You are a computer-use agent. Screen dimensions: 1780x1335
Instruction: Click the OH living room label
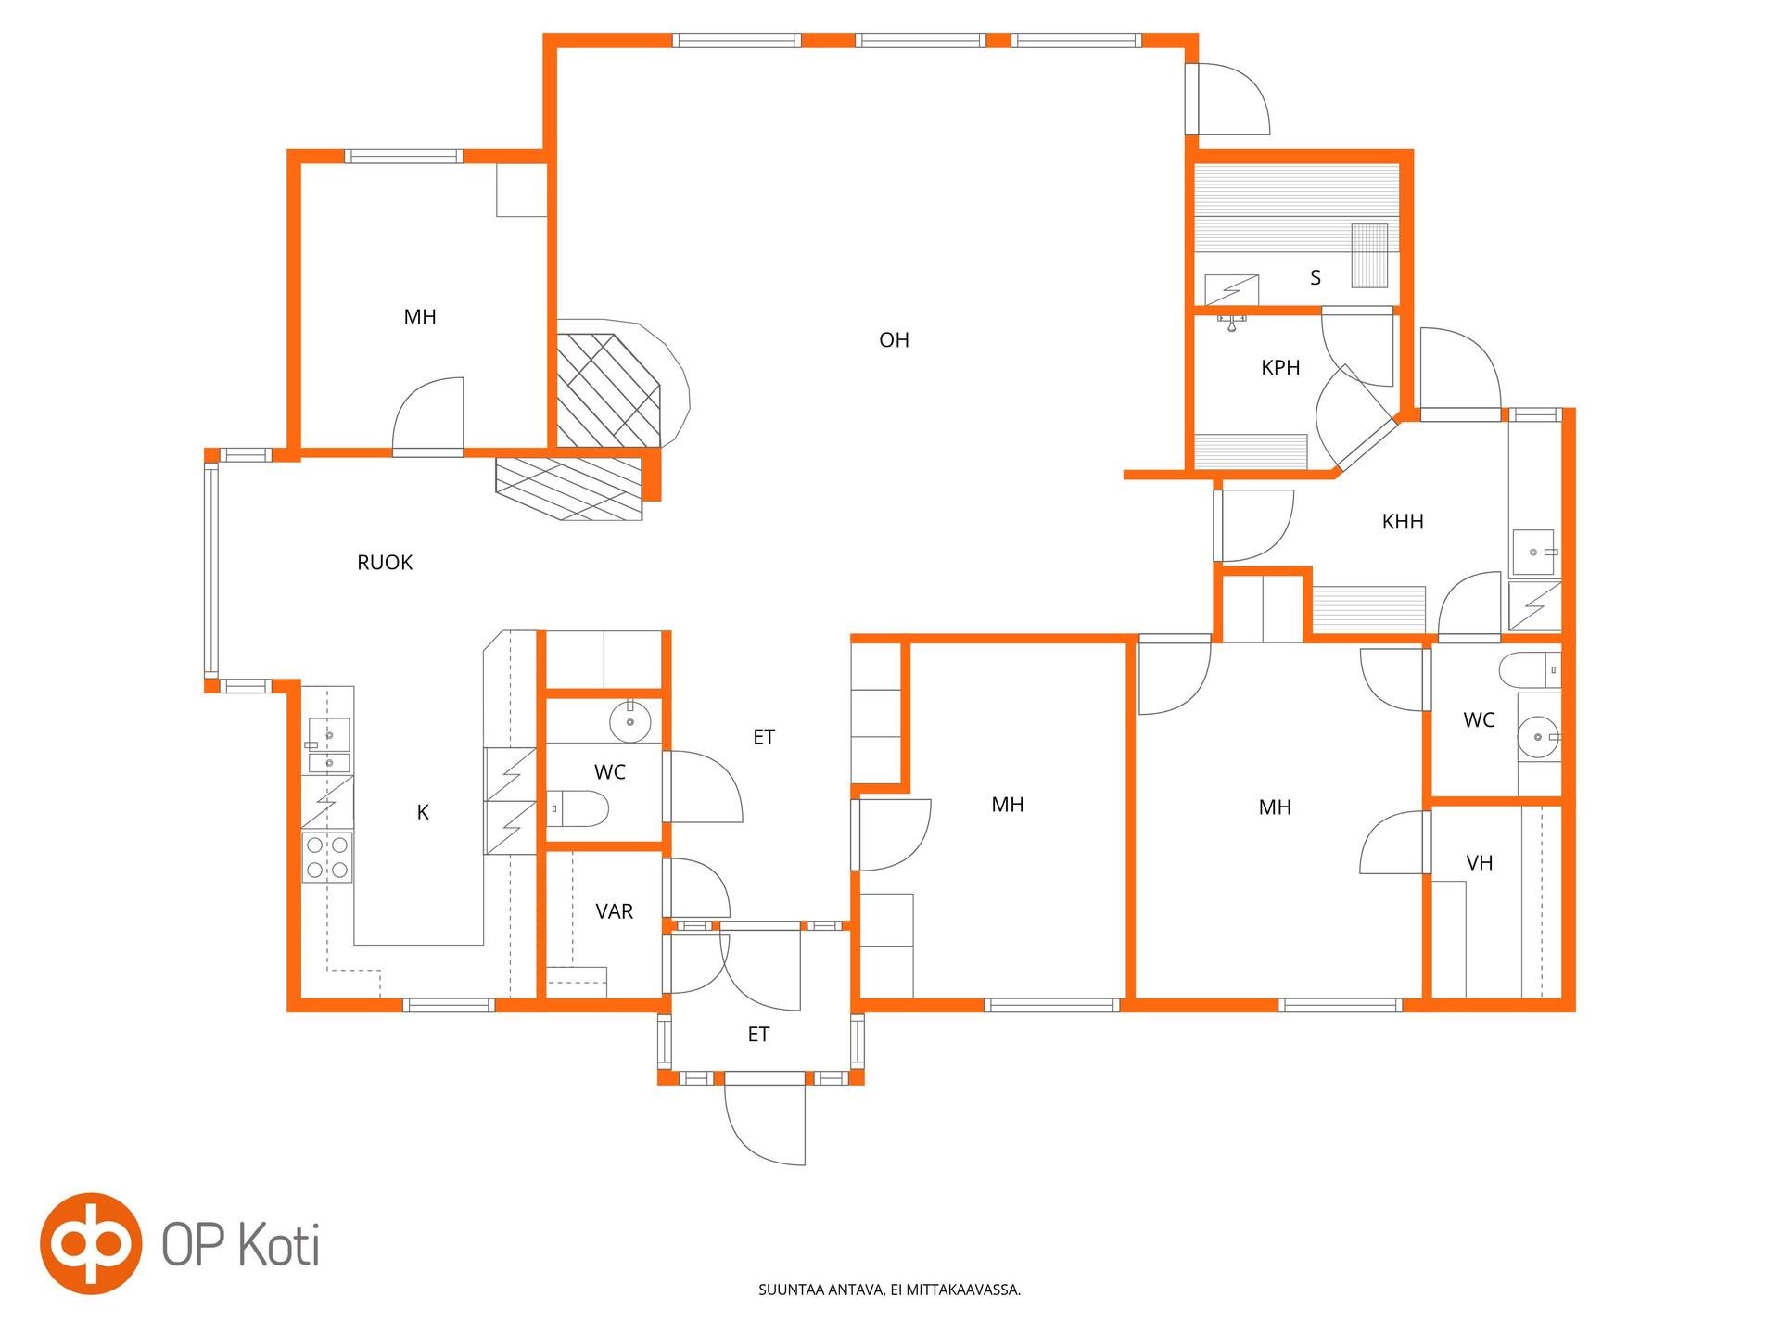click(894, 340)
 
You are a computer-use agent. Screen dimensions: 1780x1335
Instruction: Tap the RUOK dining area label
click(385, 563)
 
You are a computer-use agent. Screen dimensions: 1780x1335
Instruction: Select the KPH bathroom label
click(1280, 368)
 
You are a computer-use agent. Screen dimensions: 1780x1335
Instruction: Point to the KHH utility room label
click(1403, 522)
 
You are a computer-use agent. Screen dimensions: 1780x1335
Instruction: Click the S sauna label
click(1316, 277)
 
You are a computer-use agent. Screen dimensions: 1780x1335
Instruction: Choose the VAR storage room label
click(615, 911)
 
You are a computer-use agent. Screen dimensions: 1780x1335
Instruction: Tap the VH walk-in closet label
click(1480, 863)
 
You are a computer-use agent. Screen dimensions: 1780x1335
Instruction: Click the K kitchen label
click(423, 812)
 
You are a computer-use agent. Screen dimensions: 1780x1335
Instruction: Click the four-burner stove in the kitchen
click(327, 858)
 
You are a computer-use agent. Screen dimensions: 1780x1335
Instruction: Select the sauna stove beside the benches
click(1369, 256)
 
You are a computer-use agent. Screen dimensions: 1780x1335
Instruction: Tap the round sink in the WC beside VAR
click(630, 720)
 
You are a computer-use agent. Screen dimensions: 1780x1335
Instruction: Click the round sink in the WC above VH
click(1539, 738)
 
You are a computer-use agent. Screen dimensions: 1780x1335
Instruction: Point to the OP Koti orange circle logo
click(91, 1243)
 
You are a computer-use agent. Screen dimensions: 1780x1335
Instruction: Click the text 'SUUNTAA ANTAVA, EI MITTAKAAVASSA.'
click(889, 1290)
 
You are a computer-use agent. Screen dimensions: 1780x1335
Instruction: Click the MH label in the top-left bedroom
click(420, 317)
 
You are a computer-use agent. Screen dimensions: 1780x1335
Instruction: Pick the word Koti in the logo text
click(279, 1244)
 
